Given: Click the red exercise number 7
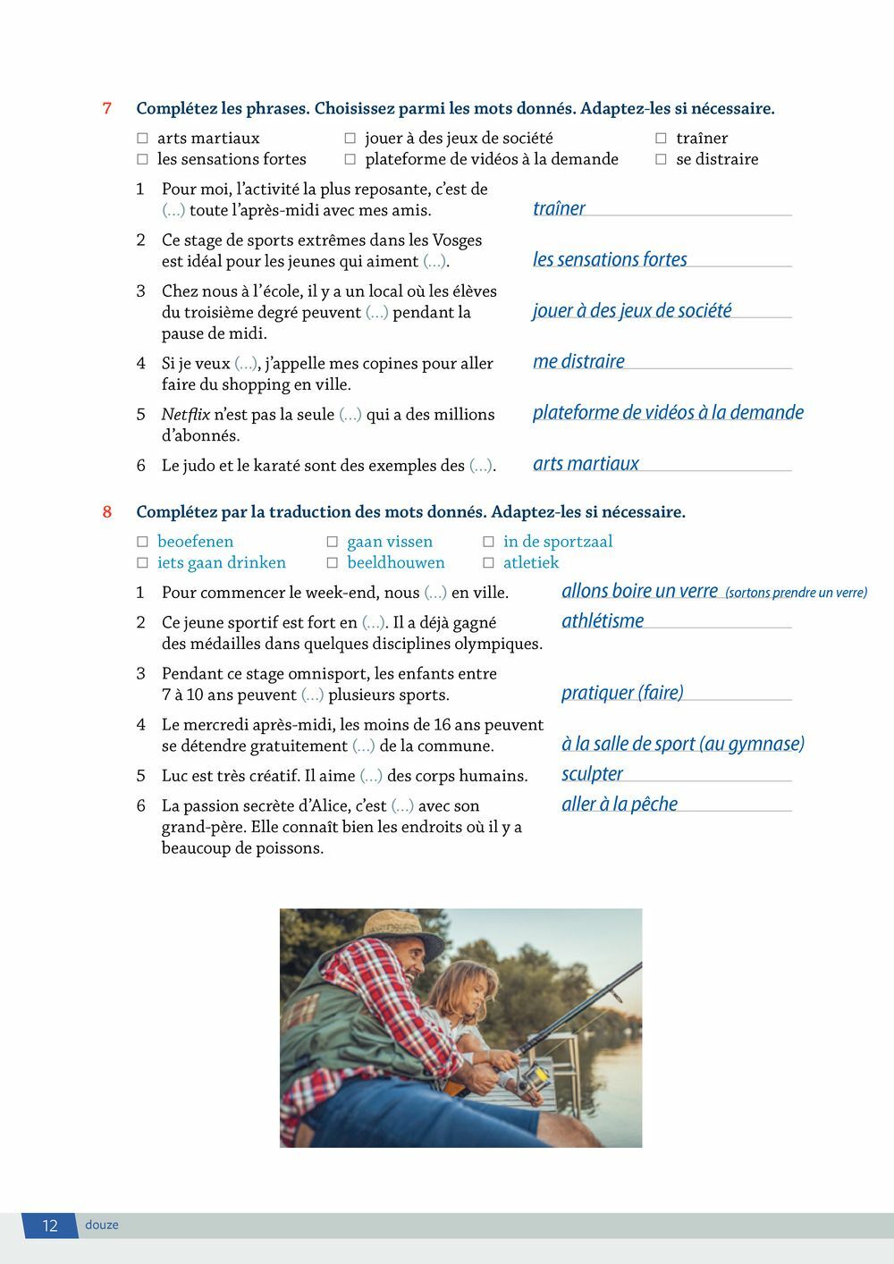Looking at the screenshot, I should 107,109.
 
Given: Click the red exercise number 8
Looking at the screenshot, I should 107,512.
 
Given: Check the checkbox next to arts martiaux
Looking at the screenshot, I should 142,139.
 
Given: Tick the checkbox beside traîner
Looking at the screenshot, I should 661,139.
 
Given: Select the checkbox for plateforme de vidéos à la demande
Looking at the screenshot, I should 350,160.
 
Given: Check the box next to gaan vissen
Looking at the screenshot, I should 332,542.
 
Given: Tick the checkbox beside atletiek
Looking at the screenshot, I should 488,563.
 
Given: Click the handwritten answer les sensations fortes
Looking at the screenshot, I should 610,260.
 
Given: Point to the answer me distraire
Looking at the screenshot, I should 578,362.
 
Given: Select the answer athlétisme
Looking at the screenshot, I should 602,621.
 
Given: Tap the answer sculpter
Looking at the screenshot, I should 592,774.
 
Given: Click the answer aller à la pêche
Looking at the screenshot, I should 619,805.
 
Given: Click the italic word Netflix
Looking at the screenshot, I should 185,415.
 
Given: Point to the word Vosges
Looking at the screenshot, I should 457,240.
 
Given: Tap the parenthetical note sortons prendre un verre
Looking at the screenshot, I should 796,594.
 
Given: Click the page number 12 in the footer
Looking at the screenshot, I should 50,1226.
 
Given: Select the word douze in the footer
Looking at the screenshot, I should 102,1226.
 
